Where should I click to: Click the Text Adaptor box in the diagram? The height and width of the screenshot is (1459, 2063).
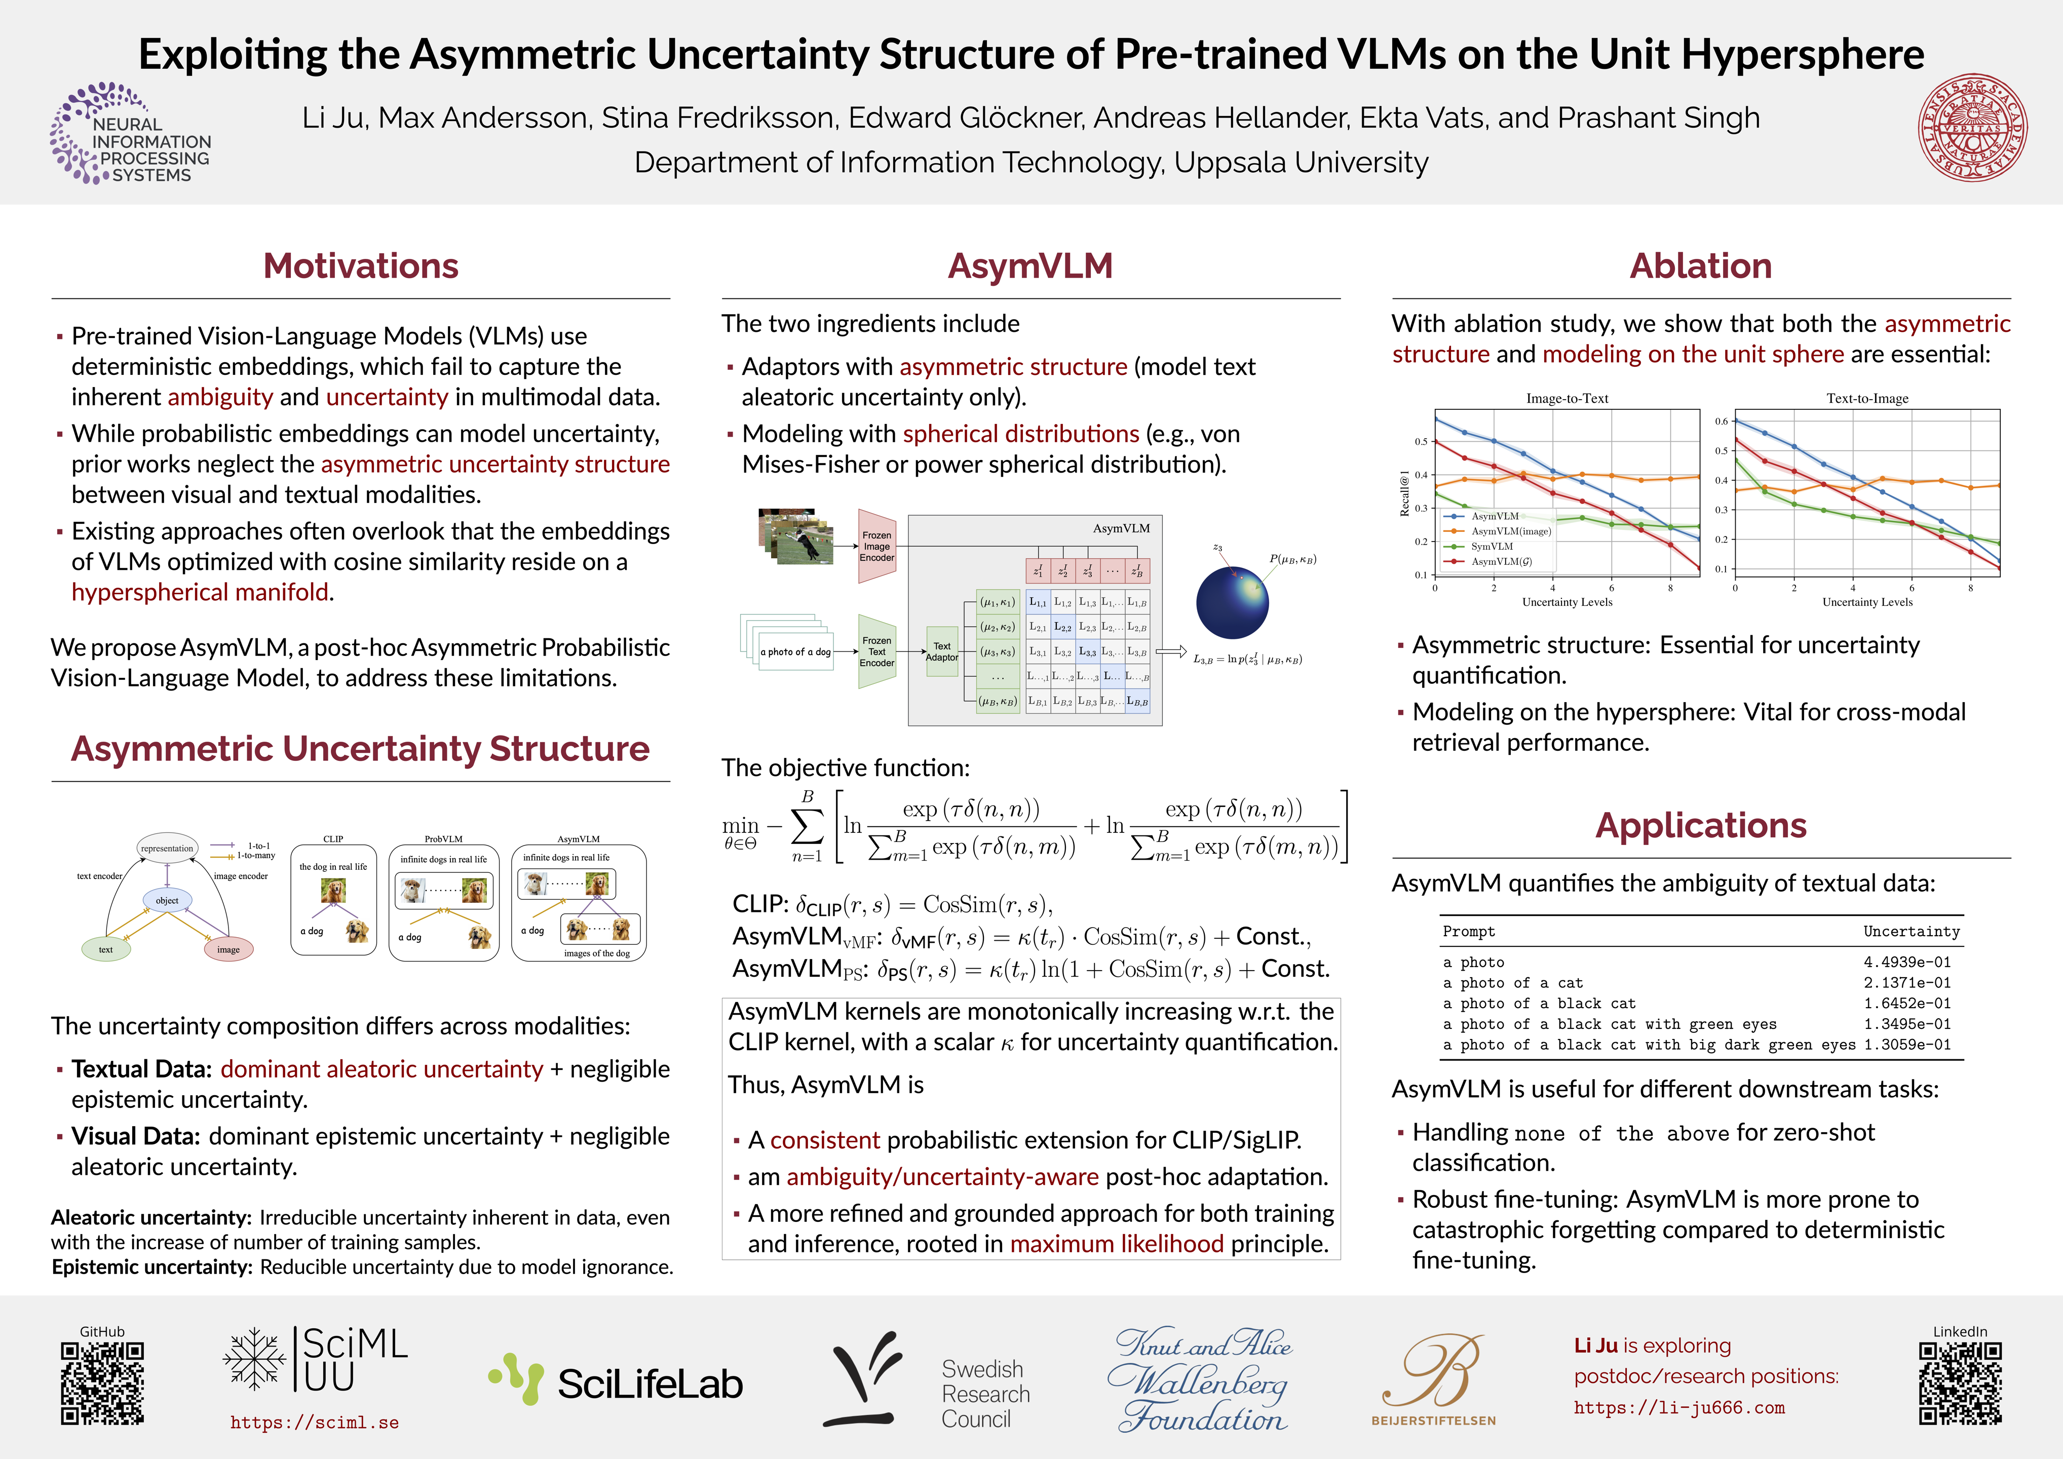942,651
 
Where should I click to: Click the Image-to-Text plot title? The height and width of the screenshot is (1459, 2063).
1567,399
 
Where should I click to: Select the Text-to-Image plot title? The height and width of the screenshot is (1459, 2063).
1867,399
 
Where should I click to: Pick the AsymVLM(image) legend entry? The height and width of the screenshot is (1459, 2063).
1510,531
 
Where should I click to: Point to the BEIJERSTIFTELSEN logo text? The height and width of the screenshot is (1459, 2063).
1433,1420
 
